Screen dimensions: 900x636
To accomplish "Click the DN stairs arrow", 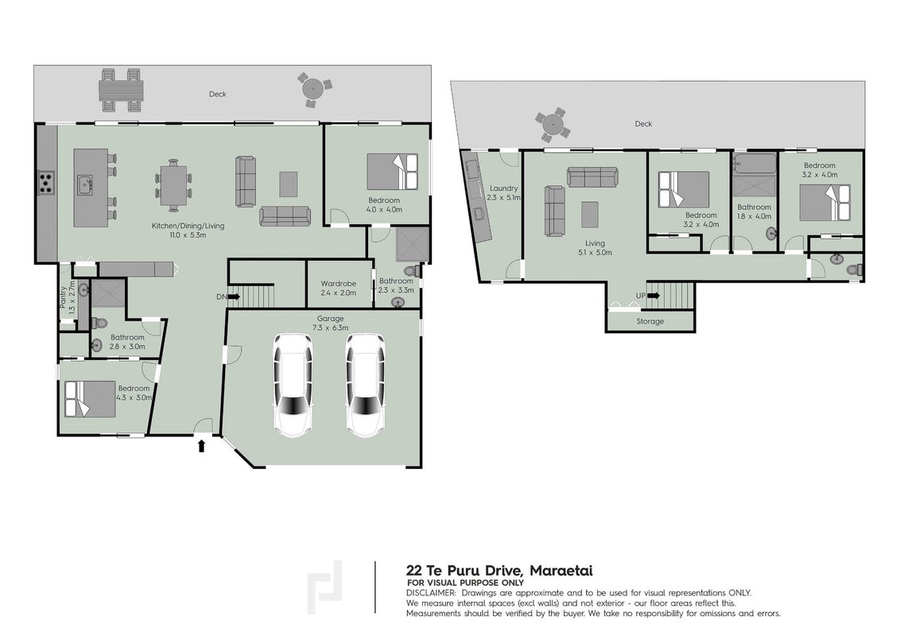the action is tap(235, 297).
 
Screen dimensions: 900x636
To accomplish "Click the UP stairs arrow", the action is tap(654, 296).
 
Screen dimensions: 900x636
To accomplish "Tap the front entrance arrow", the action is tap(201, 446).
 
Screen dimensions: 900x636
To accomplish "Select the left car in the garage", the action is tap(293, 385).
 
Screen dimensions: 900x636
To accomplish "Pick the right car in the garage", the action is tap(366, 385).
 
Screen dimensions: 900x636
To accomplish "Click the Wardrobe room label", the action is tap(338, 284).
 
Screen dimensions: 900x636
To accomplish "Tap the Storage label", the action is tap(650, 321).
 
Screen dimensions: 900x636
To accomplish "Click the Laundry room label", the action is tap(504, 188).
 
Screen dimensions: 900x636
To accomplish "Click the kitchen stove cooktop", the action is tap(46, 183).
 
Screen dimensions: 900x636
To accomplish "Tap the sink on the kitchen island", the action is tap(85, 184).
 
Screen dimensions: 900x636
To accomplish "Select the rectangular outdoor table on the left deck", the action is tap(121, 90).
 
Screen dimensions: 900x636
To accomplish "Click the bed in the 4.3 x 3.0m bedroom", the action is tap(90, 399).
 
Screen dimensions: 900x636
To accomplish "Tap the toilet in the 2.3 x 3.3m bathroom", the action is tap(414, 270).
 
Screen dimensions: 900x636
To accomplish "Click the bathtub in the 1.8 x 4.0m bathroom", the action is tap(755, 163).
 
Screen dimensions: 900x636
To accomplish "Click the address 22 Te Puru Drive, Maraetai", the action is tap(499, 571).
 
